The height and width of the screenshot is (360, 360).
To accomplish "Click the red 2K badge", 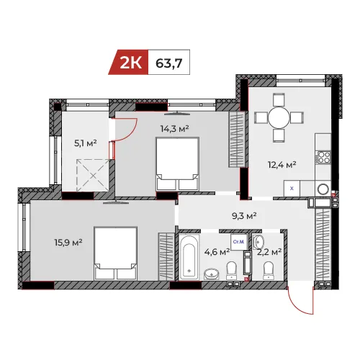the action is click(x=128, y=62).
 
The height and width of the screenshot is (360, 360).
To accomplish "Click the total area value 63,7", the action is click(x=169, y=63).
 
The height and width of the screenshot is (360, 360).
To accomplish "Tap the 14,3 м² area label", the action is click(x=175, y=129).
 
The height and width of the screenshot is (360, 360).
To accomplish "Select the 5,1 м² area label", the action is click(x=86, y=143).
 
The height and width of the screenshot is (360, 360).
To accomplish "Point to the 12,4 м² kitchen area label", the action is click(x=282, y=165).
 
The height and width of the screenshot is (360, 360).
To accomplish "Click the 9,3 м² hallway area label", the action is click(x=244, y=216).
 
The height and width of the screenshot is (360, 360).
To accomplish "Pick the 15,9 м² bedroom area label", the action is click(x=68, y=243).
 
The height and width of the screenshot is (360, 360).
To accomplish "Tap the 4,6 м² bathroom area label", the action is click(x=217, y=252).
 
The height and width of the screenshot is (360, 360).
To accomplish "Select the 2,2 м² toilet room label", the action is click(x=269, y=252).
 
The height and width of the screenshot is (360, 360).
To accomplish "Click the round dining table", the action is click(x=279, y=118).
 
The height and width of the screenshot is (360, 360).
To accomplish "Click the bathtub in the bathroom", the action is click(x=189, y=257).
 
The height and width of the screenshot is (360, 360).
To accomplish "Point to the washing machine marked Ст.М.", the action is click(x=238, y=242).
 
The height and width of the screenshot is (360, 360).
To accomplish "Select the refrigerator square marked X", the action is click(x=292, y=189).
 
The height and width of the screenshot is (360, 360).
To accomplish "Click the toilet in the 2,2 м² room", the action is click(x=269, y=271).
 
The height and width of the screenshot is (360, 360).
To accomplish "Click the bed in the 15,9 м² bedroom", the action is click(x=116, y=253).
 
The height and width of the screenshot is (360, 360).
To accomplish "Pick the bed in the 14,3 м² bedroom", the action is click(x=178, y=164).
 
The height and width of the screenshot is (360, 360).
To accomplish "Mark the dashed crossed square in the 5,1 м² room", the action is click(x=93, y=176).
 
